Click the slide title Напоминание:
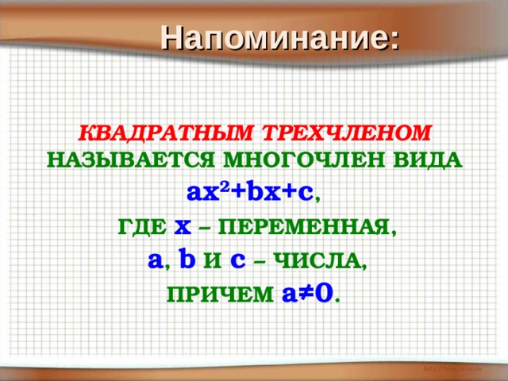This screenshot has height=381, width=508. click(281, 37)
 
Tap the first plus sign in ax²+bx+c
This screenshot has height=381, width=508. click(235, 192)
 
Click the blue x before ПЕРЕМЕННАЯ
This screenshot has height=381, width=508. click(183, 227)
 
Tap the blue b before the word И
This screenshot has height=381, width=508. click(187, 259)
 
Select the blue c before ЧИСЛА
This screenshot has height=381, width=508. click(237, 260)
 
